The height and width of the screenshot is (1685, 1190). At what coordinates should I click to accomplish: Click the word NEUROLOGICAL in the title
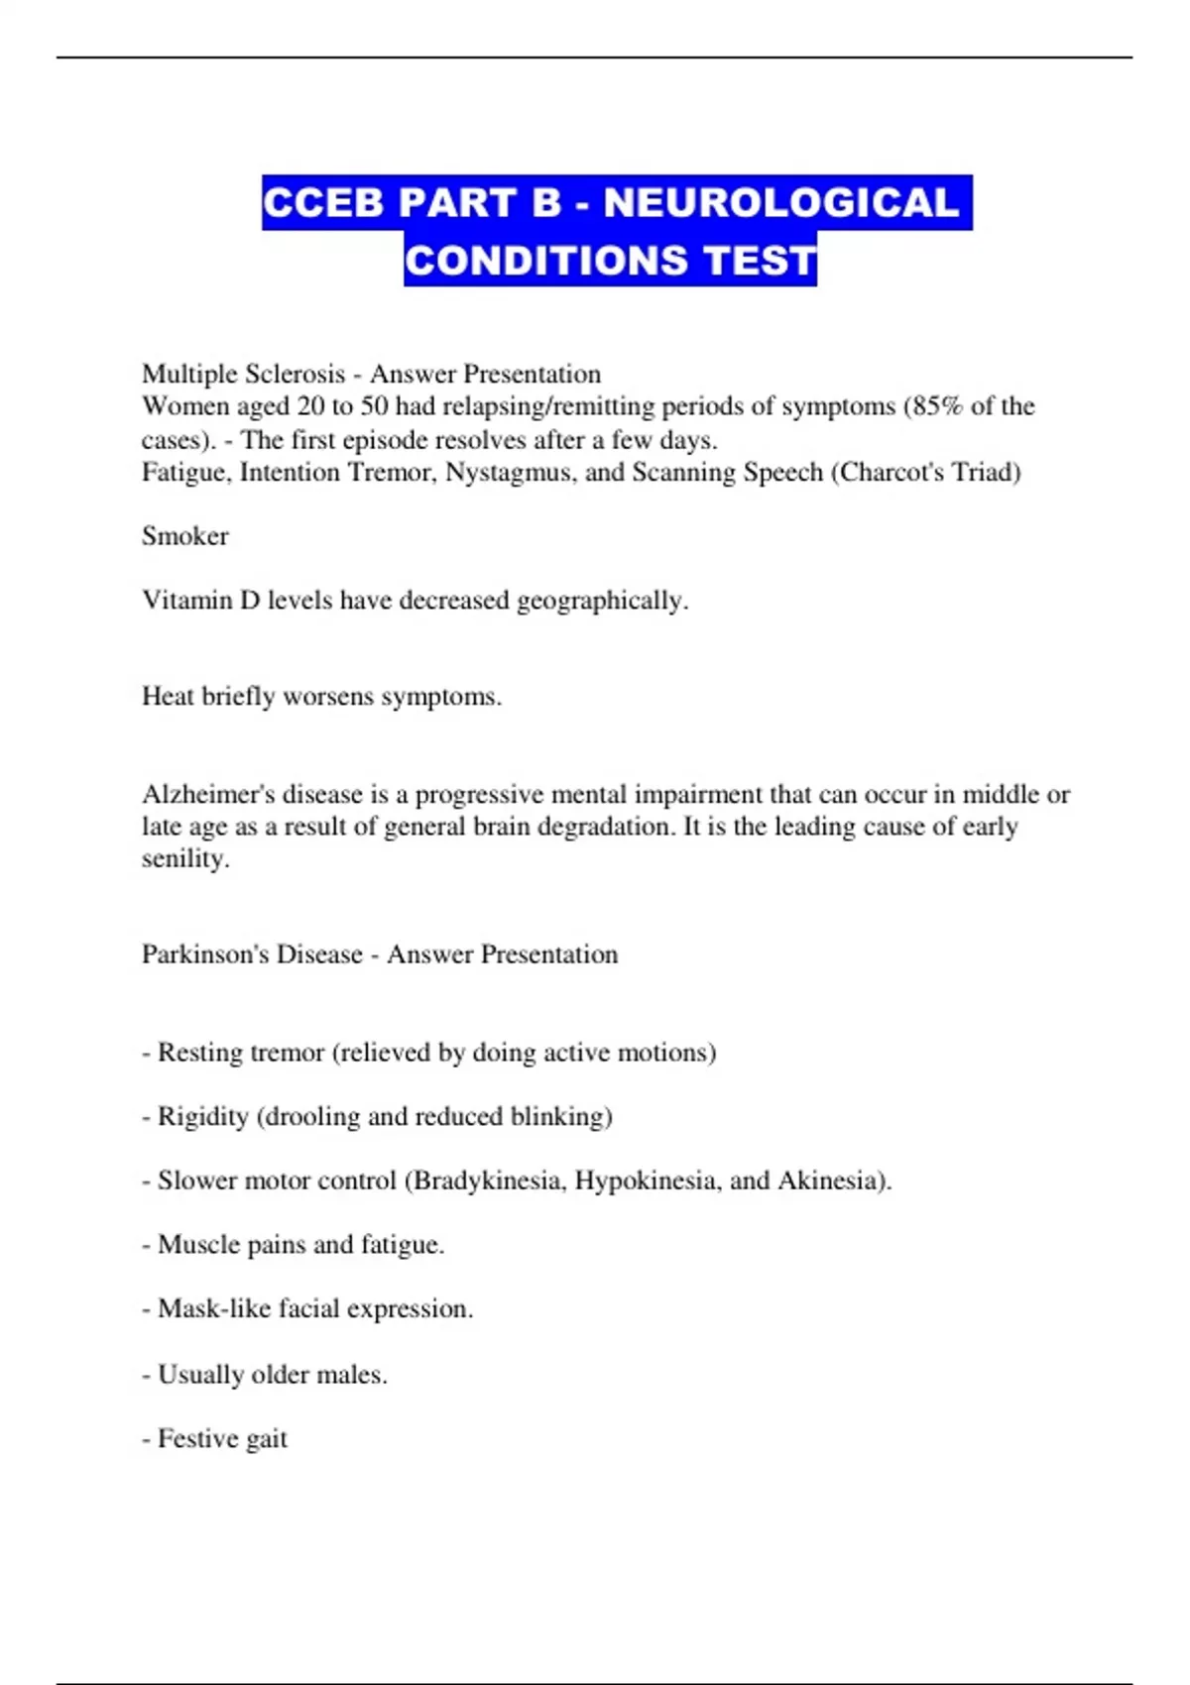point(781,203)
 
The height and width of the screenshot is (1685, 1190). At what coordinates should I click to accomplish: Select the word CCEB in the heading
point(322,203)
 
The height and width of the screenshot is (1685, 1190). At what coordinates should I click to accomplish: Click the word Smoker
point(185,536)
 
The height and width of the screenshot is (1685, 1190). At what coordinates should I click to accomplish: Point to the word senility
point(184,858)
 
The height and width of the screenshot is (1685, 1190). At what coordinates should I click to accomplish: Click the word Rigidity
point(202,1117)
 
